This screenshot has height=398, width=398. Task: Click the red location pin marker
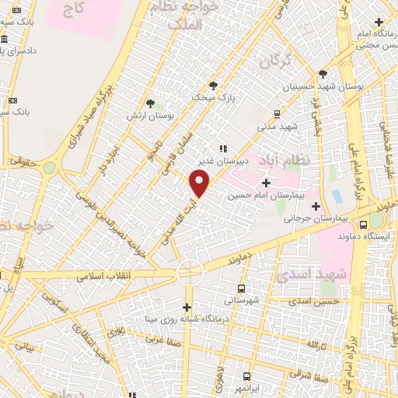click(x=200, y=183)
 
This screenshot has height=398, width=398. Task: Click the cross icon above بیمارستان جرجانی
click(x=316, y=206)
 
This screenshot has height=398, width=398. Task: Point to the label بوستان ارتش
click(x=151, y=115)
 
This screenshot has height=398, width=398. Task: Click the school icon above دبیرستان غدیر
click(x=222, y=148)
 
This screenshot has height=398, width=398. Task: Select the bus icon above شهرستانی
click(x=243, y=287)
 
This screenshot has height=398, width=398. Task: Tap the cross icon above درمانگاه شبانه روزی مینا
click(x=187, y=306)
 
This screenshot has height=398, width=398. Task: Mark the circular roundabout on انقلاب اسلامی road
click(x=189, y=271)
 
